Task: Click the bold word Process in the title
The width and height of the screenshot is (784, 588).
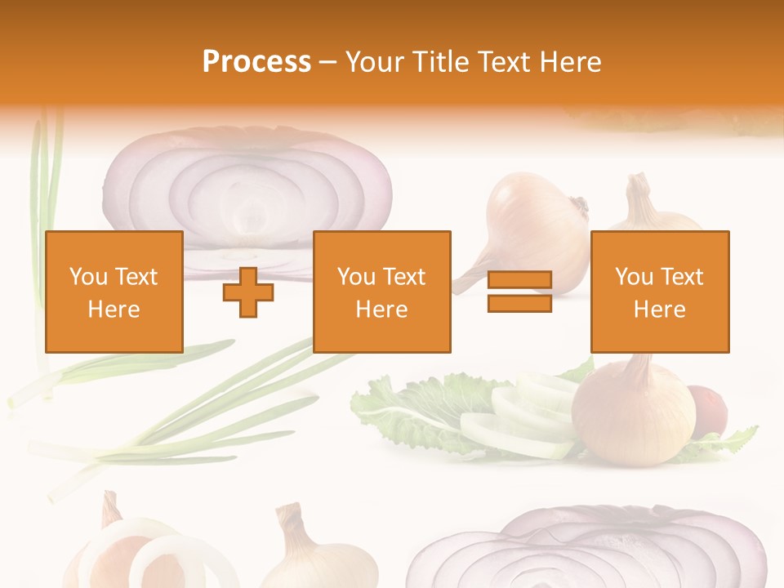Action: click(x=256, y=62)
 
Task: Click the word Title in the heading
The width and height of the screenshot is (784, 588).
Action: click(x=441, y=62)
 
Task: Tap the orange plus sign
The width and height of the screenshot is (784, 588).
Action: click(x=248, y=292)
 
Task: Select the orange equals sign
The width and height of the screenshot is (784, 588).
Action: click(x=519, y=292)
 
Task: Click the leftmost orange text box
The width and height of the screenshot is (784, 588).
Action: click(x=114, y=292)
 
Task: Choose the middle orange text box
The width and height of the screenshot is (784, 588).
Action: click(x=381, y=292)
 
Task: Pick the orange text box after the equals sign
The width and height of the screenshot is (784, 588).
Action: click(x=659, y=292)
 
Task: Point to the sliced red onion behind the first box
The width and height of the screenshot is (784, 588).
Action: click(x=245, y=184)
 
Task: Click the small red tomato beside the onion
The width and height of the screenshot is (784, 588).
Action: click(x=707, y=408)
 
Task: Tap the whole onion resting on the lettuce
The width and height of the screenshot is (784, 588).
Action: click(x=633, y=416)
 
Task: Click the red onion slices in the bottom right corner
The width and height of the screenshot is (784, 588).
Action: click(x=588, y=551)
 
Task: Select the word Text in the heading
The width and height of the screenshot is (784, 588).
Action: click(x=501, y=62)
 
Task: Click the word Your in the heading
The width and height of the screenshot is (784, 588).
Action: click(x=375, y=62)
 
